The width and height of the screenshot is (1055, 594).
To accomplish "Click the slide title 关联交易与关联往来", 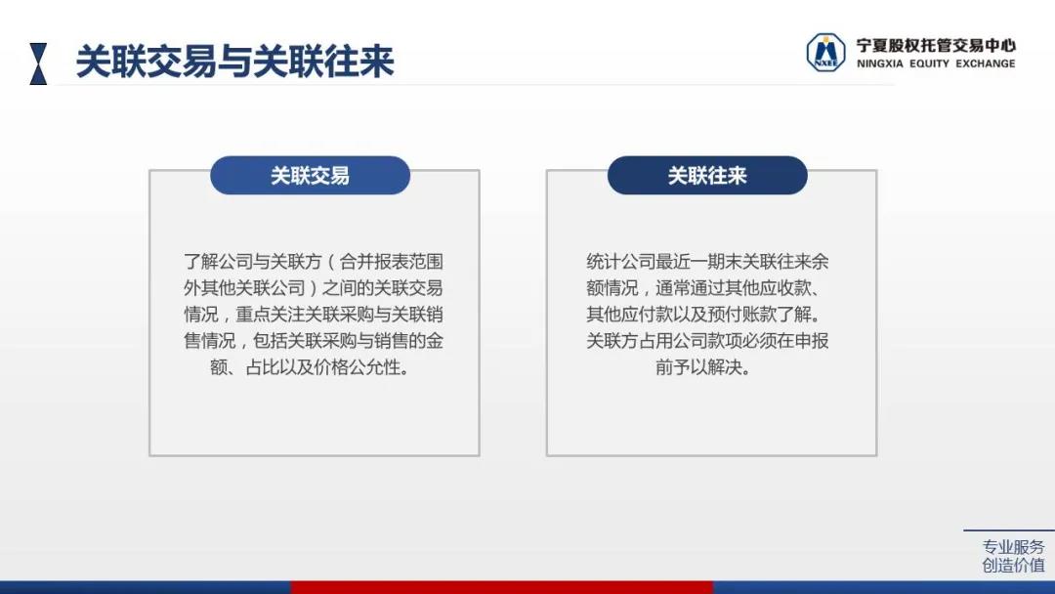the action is [234, 62].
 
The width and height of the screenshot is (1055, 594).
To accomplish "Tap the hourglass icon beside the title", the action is [38, 64].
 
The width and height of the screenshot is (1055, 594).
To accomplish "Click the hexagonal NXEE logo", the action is [825, 53].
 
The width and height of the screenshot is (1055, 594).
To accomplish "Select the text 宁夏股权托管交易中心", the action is [935, 46].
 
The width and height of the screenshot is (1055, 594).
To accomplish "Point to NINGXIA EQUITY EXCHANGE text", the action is [936, 64].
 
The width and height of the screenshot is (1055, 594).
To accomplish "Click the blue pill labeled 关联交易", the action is [311, 176].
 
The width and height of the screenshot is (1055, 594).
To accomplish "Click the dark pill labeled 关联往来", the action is [707, 176].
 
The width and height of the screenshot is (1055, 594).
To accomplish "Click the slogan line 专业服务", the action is [1013, 547].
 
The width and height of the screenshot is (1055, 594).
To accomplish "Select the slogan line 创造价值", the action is [1013, 565].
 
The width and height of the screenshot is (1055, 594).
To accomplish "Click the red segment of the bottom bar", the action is [502, 587].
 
